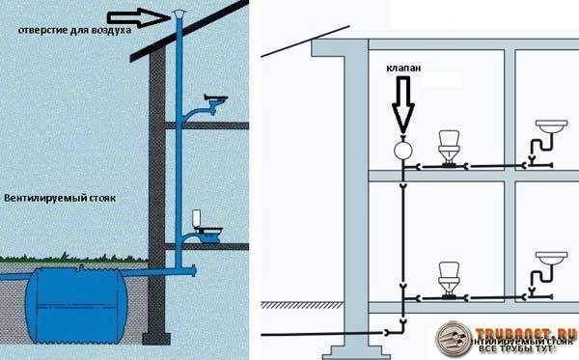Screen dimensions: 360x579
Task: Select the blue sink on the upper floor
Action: tap(217, 99)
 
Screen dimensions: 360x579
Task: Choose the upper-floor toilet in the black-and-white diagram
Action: tap(450, 148)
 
